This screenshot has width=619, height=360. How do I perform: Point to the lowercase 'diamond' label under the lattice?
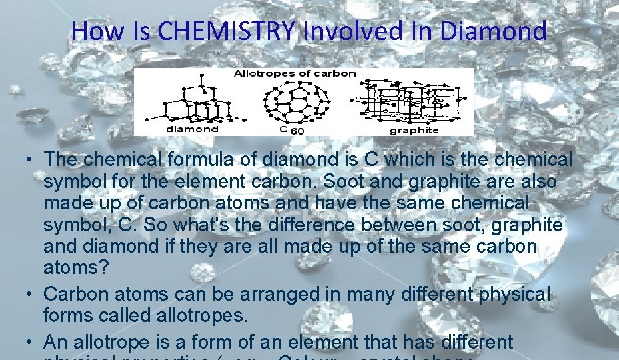pyautogui.click(x=191, y=129)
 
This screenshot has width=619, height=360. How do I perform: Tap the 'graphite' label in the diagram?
pyautogui.click(x=414, y=130)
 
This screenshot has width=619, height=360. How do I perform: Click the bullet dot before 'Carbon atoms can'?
pyautogui.click(x=31, y=292)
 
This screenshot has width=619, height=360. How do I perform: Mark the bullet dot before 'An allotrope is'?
pyautogui.click(x=31, y=342)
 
